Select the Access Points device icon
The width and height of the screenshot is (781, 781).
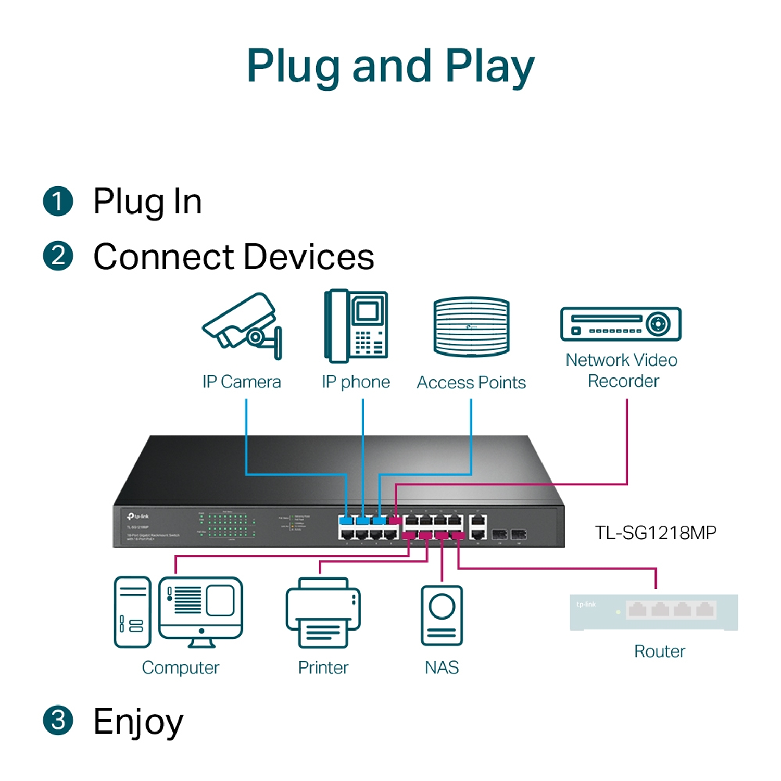(471, 327)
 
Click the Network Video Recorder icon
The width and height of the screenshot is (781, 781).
(621, 324)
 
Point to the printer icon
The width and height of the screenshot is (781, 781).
(323, 613)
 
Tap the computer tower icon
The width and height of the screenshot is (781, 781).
(132, 612)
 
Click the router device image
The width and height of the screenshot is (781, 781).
(653, 612)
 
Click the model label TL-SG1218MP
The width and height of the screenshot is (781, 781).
(656, 533)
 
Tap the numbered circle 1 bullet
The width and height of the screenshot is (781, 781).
(58, 201)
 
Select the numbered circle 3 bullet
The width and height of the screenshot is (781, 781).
(58, 721)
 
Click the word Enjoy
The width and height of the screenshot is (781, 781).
(138, 722)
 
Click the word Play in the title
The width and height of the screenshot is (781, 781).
(489, 67)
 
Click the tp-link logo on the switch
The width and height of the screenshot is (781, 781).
(138, 516)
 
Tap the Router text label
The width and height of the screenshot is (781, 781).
(659, 651)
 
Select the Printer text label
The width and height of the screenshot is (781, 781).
(323, 667)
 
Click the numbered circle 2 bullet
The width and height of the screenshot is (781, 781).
(58, 256)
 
